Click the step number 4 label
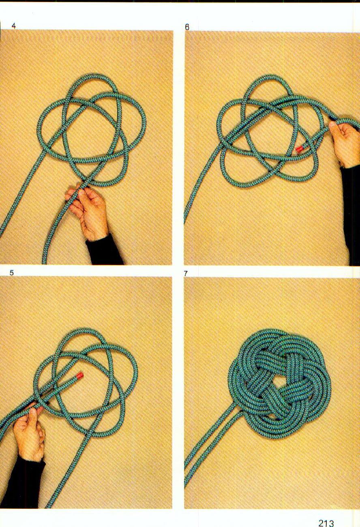point(13,26)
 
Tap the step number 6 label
point(187,27)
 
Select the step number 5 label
point(12,273)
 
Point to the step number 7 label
point(186,274)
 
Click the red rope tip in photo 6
point(300,149)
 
